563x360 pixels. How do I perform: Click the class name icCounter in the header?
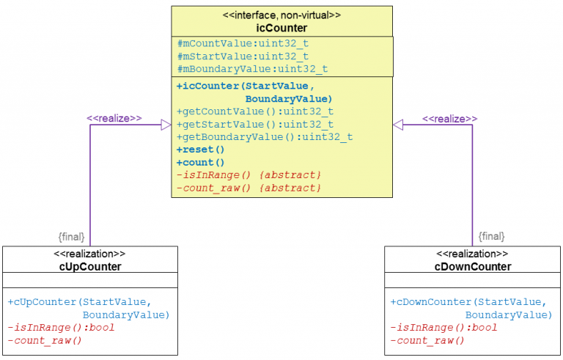point(282,27)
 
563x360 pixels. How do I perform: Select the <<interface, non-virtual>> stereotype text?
point(282,15)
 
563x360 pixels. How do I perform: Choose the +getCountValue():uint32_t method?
point(255,111)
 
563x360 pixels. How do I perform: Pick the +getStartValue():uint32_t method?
point(255,124)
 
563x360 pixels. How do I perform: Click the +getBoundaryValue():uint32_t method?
point(265,136)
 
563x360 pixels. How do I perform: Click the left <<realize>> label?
point(114,117)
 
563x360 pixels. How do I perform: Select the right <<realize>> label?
point(449,117)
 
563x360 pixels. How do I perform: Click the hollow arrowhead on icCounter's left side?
point(166,125)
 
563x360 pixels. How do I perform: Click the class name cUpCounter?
point(90,266)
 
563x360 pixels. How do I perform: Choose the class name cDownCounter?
point(473,266)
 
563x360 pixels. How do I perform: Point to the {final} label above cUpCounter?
point(71,237)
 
